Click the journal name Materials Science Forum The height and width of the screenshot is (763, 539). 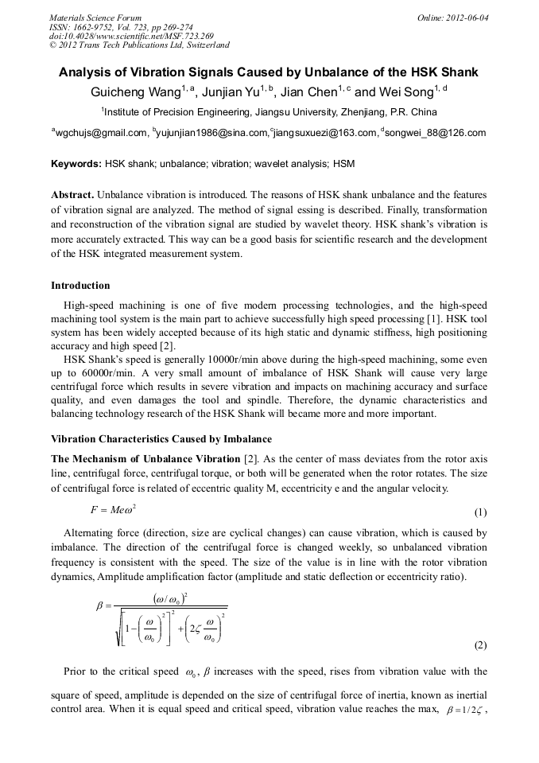coord(95,18)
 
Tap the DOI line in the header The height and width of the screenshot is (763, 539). coord(131,36)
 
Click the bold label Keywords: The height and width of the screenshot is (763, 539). coord(76,164)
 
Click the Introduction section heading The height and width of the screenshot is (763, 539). coord(80,286)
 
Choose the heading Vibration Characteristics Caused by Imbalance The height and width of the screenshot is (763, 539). coord(161,439)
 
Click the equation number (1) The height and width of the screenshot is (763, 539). coord(480,513)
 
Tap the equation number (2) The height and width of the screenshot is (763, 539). coord(480,644)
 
